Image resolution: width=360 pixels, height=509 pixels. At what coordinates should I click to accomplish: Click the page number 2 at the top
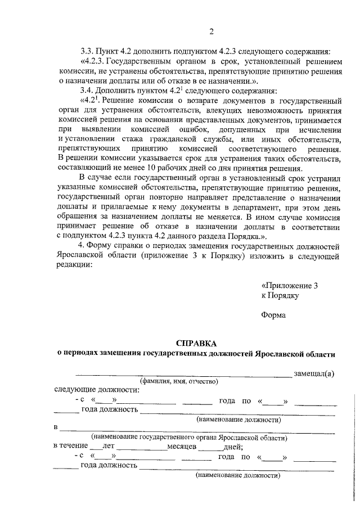pos(210,31)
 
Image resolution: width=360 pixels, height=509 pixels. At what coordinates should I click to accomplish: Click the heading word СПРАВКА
pos(196,343)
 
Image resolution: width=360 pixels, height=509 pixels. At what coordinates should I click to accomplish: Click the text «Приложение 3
pos(290,285)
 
